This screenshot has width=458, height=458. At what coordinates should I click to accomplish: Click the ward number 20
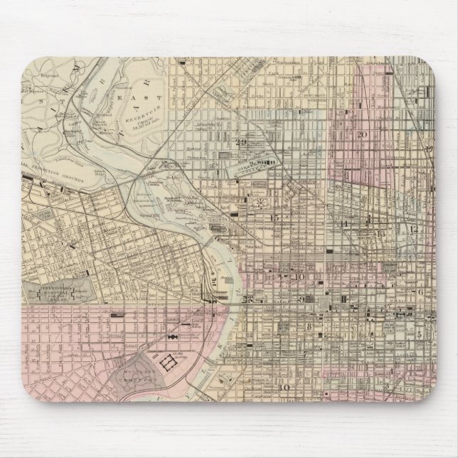point(361,134)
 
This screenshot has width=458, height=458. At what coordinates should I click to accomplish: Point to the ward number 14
point(345,225)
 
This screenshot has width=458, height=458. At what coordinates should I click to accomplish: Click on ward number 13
point(381,233)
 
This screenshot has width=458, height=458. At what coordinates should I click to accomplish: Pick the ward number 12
point(413,229)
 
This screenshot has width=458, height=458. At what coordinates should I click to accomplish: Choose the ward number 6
point(420,292)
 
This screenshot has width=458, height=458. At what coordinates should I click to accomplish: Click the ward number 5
point(419,331)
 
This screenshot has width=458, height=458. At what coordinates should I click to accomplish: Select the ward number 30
point(284,388)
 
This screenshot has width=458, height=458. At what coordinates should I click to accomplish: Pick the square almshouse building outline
point(171,361)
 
